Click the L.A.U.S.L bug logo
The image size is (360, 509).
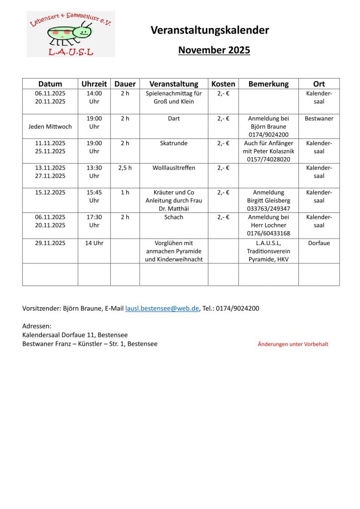(x=71, y=34)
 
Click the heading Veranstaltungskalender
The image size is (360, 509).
(x=209, y=30)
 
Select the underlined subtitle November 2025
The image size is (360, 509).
(x=214, y=50)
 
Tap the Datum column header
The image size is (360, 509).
(x=50, y=84)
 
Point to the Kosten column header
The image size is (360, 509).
(x=223, y=84)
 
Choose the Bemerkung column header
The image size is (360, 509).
(x=269, y=84)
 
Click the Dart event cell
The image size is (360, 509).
(x=174, y=119)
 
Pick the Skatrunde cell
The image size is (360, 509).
(x=174, y=143)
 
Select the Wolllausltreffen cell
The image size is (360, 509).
(x=174, y=168)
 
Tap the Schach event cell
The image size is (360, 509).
(x=174, y=217)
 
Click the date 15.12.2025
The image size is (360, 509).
(x=50, y=192)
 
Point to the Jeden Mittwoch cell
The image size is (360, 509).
(x=50, y=127)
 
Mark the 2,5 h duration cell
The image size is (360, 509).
(x=125, y=168)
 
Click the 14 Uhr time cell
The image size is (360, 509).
(x=94, y=243)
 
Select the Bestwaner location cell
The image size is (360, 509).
(x=319, y=119)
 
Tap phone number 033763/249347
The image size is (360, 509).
(x=269, y=209)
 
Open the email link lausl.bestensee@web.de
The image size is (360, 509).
(x=162, y=309)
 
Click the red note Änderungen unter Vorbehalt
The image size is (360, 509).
(x=293, y=344)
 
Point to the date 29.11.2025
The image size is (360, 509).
(x=50, y=243)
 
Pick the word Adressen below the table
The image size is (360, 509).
(x=37, y=326)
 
